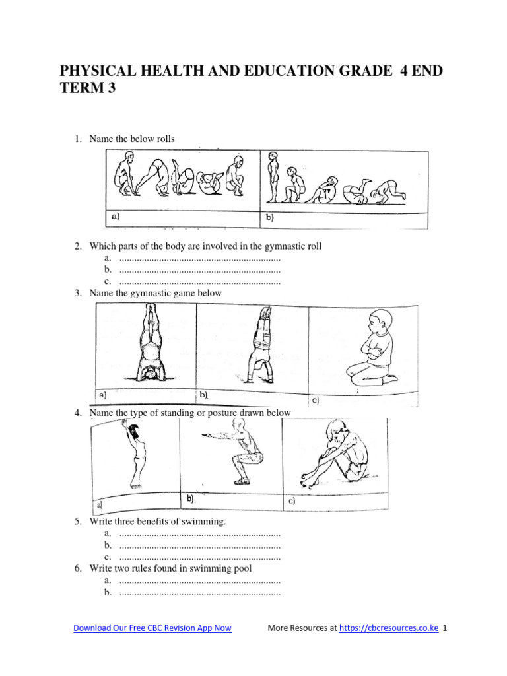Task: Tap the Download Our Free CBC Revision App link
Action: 152,628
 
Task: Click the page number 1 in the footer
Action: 446,628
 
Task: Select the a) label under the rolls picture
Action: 116,216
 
